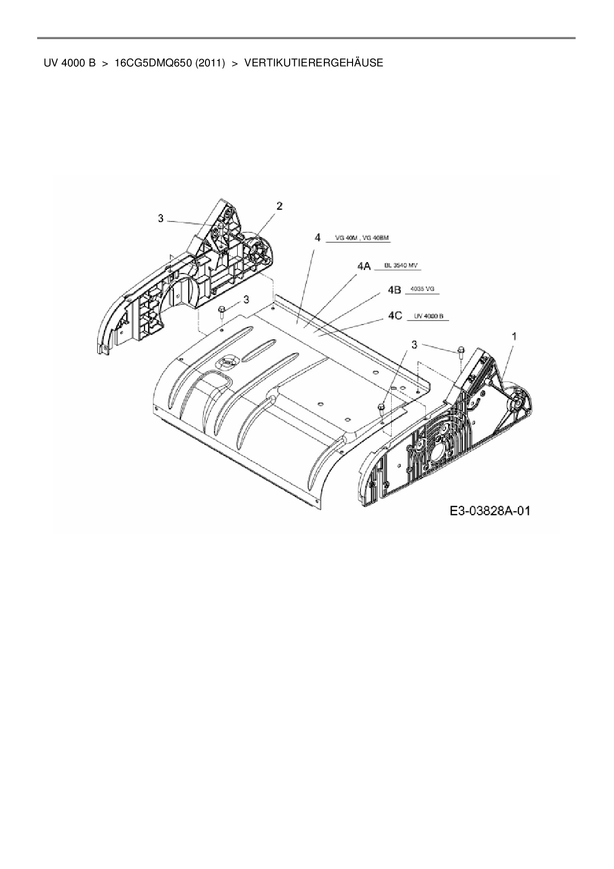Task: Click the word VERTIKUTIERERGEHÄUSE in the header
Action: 313,63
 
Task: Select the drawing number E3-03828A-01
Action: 490,511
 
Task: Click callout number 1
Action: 514,336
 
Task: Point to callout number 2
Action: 280,206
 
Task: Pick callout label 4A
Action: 364,267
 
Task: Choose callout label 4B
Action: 394,290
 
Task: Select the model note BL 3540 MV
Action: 401,266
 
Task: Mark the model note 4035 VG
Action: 422,289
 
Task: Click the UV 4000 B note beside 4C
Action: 428,316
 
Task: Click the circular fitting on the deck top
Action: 228,362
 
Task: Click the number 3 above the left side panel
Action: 161,218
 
